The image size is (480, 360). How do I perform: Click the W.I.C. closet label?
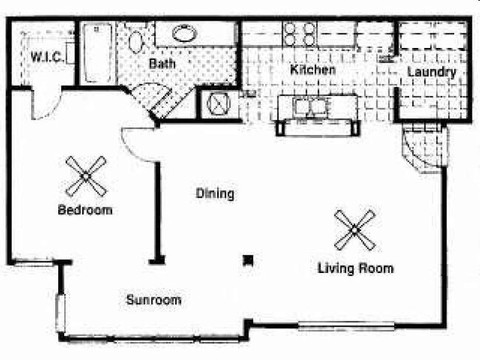tap(44, 56)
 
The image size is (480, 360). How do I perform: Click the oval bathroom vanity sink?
tap(190, 33)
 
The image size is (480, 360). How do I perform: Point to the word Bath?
tap(162, 64)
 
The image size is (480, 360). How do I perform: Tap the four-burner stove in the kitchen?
tap(300, 33)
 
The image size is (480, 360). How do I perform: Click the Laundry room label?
tap(431, 72)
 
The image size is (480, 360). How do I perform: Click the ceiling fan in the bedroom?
tap(86, 176)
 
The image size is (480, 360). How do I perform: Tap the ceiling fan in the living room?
tap(354, 229)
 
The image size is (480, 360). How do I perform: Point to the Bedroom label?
tap(85, 210)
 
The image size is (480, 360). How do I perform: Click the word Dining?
tap(215, 194)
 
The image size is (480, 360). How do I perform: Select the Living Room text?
tap(355, 268)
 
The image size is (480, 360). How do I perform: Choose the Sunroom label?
tap(153, 300)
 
